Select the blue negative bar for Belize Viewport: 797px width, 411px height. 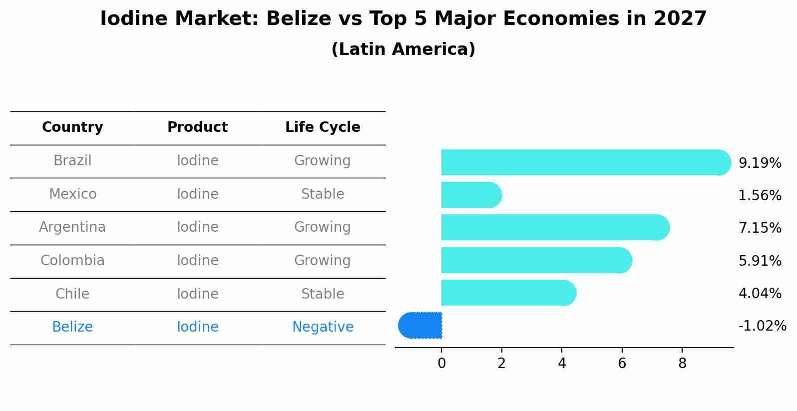(420, 326)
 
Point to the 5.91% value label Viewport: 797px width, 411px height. (760, 261)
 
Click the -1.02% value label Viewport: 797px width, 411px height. (762, 326)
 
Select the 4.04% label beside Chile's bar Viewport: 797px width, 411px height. (760, 293)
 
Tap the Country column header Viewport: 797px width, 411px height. (72, 127)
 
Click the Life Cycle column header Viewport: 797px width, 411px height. (323, 127)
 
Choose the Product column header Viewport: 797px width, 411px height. (197, 127)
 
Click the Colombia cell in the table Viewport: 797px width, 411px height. (72, 261)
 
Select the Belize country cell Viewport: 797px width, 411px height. (72, 327)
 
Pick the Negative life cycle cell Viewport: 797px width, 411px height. (323, 327)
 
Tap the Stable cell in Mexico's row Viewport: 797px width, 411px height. (323, 194)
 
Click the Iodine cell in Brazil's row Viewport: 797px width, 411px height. (197, 161)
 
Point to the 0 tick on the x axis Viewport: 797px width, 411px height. (441, 364)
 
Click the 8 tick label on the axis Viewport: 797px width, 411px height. (682, 364)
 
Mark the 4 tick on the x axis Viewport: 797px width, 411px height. (562, 364)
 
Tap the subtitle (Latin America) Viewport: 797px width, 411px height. (403, 49)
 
